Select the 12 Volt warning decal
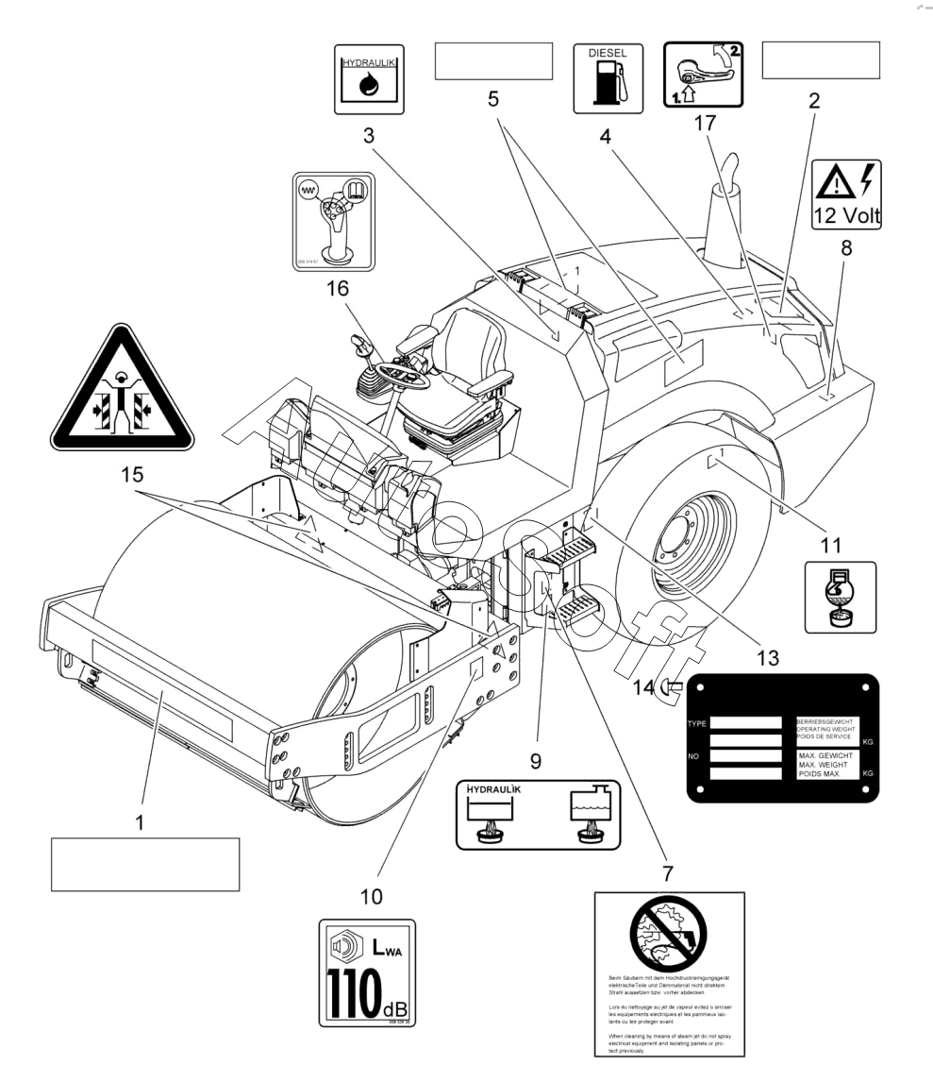pyautogui.click(x=846, y=195)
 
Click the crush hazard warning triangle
pyautogui.click(x=122, y=390)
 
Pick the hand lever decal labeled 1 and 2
pyautogui.click(x=704, y=73)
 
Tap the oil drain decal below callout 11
pyautogui.click(x=839, y=597)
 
